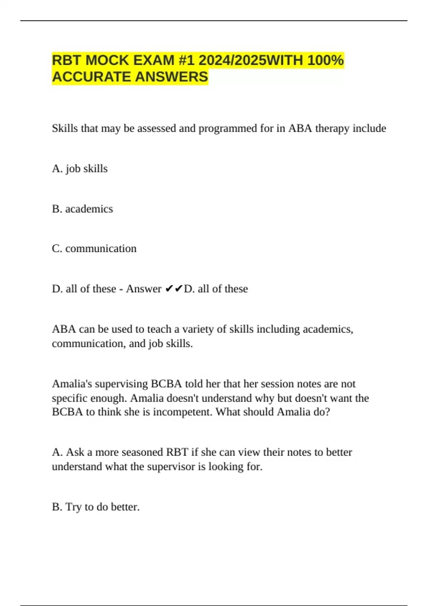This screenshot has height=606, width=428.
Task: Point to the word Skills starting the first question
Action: tap(65, 128)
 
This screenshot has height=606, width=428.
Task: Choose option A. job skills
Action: tap(80, 169)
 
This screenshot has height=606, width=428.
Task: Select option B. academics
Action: tap(82, 209)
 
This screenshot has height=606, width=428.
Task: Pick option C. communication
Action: tap(94, 248)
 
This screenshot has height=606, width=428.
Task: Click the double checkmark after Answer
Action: tap(174, 289)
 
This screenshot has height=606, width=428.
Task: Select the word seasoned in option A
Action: tap(142, 452)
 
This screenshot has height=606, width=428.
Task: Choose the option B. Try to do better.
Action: tap(96, 507)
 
